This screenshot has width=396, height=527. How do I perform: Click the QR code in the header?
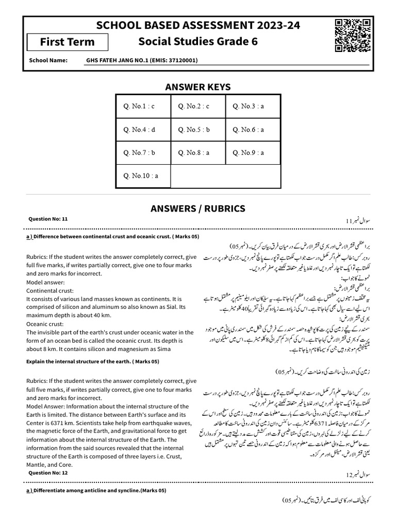(353, 34)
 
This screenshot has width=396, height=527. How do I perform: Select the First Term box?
(68, 42)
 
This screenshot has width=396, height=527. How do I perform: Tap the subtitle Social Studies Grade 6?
(198, 42)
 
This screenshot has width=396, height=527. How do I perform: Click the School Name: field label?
(48, 61)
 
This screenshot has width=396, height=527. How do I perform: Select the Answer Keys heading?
(198, 87)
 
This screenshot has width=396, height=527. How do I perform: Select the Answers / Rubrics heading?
(198, 208)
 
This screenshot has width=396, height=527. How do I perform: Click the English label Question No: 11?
(48, 219)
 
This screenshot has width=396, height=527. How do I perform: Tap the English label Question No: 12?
(48, 472)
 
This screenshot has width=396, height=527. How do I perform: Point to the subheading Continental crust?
(47, 291)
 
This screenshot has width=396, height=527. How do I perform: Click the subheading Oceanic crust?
(44, 324)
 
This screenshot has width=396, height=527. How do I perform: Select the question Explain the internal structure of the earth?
(93, 362)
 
